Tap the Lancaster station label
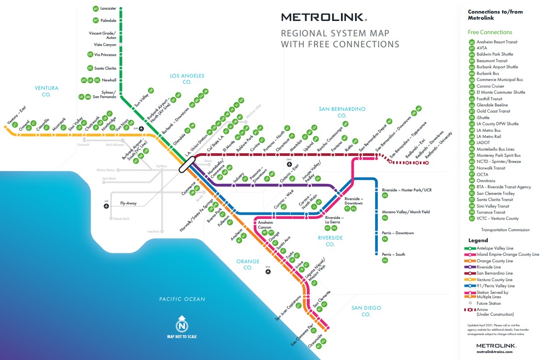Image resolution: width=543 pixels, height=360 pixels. point(108,8)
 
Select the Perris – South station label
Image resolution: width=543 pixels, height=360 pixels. point(393,254)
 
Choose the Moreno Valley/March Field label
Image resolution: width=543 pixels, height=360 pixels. point(406,212)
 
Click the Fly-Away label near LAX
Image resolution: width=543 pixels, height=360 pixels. point(129,203)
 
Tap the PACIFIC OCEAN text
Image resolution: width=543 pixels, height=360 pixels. point(182,299)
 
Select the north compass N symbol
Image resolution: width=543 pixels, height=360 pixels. point(181,326)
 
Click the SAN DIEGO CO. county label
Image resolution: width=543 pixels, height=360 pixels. point(366,311)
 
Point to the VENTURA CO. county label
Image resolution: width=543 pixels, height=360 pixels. point(46,91)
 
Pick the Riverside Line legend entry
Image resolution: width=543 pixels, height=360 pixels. point(488,267)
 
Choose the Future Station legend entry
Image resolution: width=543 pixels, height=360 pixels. point(489,303)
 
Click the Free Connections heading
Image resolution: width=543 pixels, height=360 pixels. point(490,32)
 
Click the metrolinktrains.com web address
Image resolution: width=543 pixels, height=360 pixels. point(494,352)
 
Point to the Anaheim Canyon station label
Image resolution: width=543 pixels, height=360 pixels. point(265,225)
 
